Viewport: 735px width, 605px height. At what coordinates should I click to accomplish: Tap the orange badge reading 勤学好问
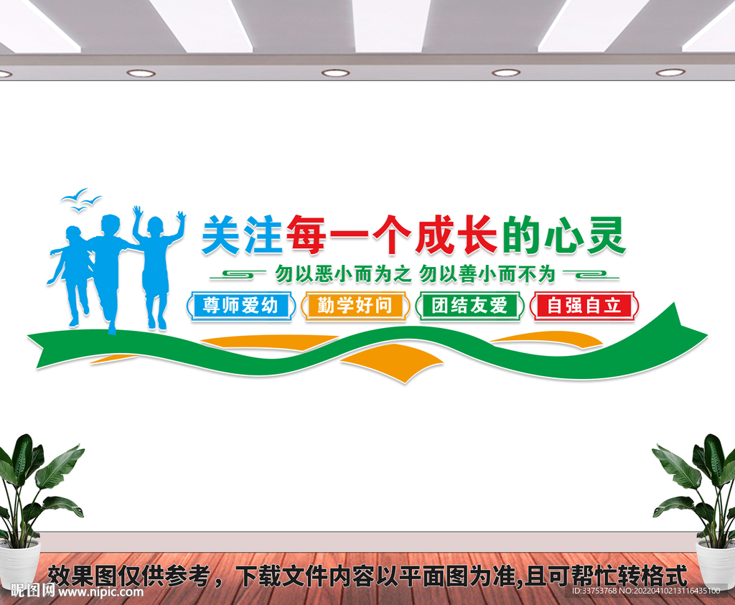(x=355, y=306)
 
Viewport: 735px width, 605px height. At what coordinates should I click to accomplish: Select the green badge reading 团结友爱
(x=470, y=306)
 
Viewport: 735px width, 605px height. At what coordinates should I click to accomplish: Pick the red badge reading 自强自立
(x=584, y=306)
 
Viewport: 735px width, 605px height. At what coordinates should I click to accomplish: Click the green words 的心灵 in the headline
(x=563, y=235)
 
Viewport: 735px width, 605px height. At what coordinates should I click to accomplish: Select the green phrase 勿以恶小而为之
(x=342, y=273)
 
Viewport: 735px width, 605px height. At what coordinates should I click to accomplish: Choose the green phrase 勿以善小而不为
(x=488, y=273)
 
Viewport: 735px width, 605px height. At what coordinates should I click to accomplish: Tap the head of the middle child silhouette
(x=110, y=225)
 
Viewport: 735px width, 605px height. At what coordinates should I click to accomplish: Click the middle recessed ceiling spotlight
(x=335, y=72)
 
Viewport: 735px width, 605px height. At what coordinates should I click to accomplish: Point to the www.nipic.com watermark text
(x=100, y=592)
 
